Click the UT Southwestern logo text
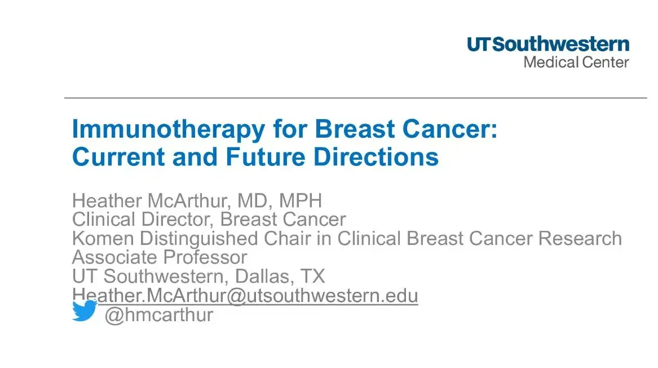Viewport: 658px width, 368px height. pyautogui.click(x=547, y=45)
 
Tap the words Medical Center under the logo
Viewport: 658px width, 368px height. pyautogui.click(x=576, y=62)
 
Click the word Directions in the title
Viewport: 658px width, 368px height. pyautogui.click(x=376, y=156)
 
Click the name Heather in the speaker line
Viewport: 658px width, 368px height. pyautogui.click(x=106, y=200)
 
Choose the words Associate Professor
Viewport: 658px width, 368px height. pyautogui.click(x=160, y=258)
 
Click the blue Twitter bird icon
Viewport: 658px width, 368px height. pyautogui.click(x=85, y=311)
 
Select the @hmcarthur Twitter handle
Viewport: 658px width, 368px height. pyautogui.click(x=160, y=315)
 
